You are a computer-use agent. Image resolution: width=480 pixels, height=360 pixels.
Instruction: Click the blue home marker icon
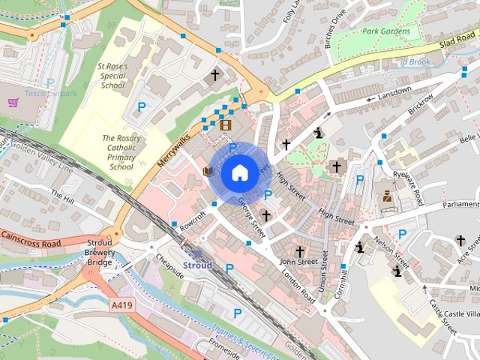pyautogui.click(x=239, y=173)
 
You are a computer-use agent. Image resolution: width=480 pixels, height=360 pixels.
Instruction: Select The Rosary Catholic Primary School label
pyautogui.click(x=121, y=152)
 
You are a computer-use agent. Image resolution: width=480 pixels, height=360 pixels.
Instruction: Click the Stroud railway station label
pyautogui.click(x=198, y=265)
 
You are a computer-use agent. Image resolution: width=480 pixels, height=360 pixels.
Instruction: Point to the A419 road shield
pyautogui.click(x=121, y=305)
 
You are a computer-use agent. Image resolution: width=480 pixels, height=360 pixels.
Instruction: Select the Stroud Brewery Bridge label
pyautogui.click(x=100, y=254)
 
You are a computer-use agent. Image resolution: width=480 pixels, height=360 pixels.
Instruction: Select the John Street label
pyautogui.click(x=298, y=262)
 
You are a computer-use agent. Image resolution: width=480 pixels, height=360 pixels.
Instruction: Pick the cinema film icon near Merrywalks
pyautogui.click(x=225, y=124)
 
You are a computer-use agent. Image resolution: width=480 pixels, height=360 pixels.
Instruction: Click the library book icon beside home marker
pyautogui.click(x=208, y=172)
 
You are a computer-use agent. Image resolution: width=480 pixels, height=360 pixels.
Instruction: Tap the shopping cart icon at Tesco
pyautogui.click(x=13, y=102)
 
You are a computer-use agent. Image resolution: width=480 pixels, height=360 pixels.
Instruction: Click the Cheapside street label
pyautogui.click(x=170, y=265)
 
